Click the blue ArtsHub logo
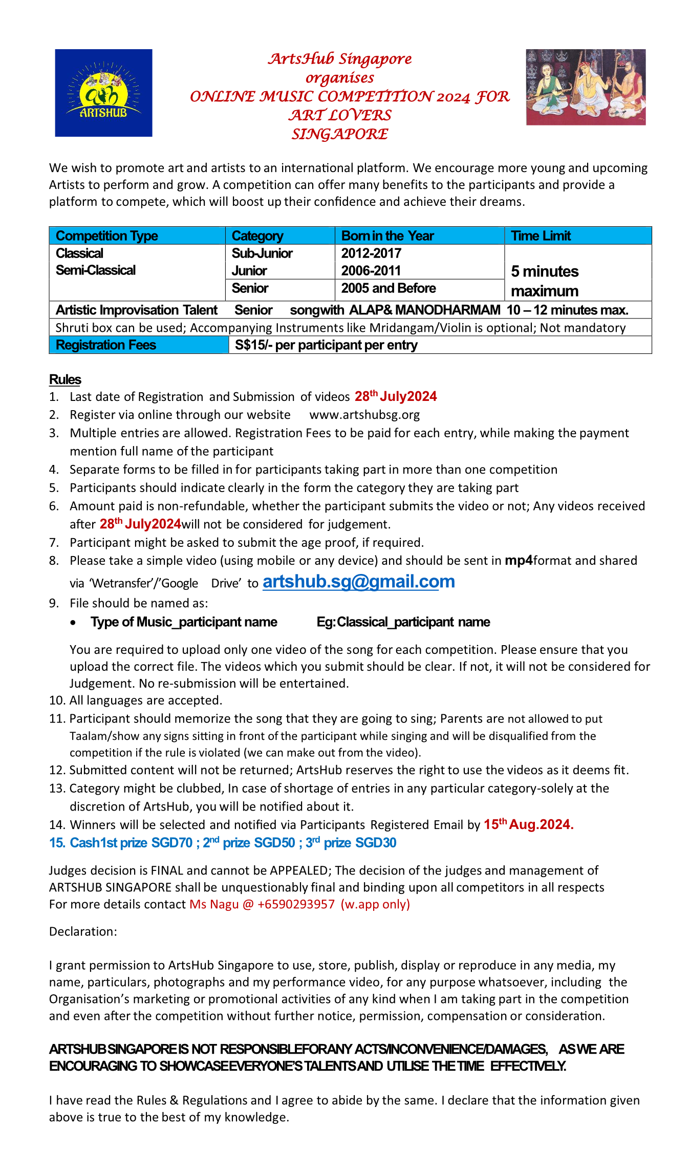coord(103,93)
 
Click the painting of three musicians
coord(586,87)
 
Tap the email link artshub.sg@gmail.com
coord(358,582)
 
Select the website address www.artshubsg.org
coord(364,415)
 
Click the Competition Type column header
coord(106,236)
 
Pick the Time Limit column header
coord(541,236)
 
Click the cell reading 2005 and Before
coord(388,288)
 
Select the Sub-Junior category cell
coord(262,253)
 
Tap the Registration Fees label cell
coord(105,345)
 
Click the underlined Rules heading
coord(65,379)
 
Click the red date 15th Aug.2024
coord(528,825)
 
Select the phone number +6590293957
coord(296,904)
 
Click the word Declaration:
coord(83,931)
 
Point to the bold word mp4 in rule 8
coord(519,561)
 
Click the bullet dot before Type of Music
coord(74,623)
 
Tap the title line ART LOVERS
coord(340,115)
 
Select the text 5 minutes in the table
coord(545,271)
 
